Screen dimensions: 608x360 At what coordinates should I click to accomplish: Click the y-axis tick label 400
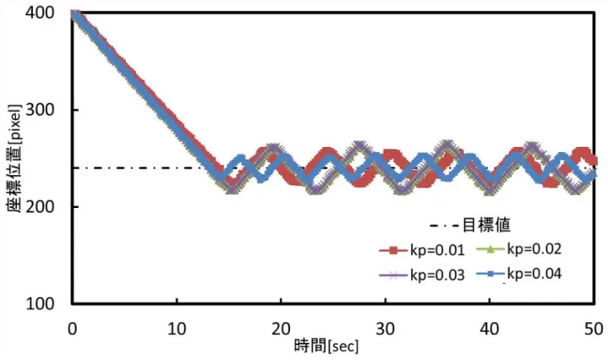point(40,13)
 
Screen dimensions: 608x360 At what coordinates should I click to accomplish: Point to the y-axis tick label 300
point(40,110)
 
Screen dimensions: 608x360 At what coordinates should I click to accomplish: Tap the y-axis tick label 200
point(40,206)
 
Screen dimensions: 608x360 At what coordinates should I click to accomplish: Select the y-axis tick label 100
point(40,303)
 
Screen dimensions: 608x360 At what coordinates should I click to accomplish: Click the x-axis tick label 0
point(72,329)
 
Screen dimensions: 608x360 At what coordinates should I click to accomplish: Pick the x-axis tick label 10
point(177,329)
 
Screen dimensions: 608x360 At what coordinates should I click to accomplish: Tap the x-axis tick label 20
point(281,329)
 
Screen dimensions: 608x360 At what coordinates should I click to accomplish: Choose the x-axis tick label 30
point(385,329)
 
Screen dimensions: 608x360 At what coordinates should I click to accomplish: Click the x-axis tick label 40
point(490,329)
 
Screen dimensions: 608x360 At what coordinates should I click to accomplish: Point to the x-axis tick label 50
point(594,329)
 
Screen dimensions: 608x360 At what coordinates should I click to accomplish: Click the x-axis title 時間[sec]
point(326,346)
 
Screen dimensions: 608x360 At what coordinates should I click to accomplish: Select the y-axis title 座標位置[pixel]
point(14,158)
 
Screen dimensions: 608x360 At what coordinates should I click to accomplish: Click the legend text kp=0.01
point(437,250)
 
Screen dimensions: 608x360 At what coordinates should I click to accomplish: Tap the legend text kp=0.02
point(534,248)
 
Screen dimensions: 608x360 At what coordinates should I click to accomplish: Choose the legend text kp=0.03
point(437,275)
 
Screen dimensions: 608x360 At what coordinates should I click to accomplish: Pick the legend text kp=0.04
point(534,274)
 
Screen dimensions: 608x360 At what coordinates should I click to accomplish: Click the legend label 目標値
point(487,225)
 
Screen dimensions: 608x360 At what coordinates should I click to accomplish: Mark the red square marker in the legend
point(393,250)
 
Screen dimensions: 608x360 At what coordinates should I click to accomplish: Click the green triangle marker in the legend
point(490,249)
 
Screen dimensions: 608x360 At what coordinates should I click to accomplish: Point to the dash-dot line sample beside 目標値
point(445,225)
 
